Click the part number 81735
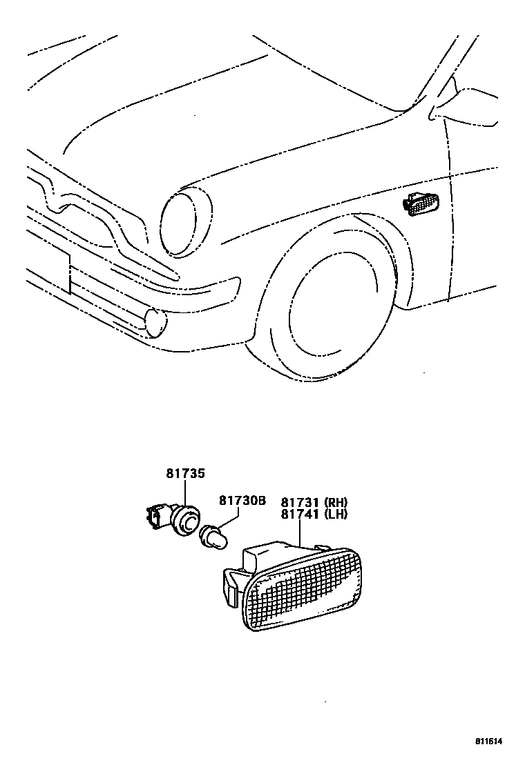coord(185,474)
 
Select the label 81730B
coord(242,500)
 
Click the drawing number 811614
coord(488,741)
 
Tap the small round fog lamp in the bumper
coord(156,323)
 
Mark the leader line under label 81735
coord(185,493)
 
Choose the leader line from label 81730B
coord(220,519)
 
